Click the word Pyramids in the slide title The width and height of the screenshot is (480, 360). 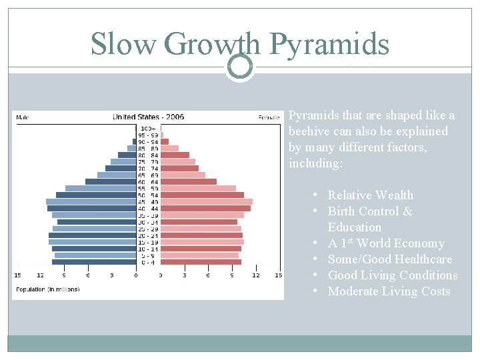pos(329,45)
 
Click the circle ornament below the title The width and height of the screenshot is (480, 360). pos(240,67)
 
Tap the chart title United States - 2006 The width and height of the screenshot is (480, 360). pos(148,117)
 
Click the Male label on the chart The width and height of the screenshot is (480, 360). pos(22,118)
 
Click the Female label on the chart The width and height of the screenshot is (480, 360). pos(269,118)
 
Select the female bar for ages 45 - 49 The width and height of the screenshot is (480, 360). pos(207,201)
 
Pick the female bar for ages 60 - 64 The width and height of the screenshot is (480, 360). pos(189,181)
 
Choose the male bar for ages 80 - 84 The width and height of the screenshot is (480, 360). pos(127,155)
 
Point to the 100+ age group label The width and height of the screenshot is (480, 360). pos(148,128)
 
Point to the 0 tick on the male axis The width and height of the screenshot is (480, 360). pos(136,275)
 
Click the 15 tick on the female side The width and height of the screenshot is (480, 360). pos(279,275)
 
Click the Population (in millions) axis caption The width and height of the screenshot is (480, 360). pos(47,289)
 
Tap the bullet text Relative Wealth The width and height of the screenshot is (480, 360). pos(370,195)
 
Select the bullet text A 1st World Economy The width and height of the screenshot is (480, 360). pos(385,243)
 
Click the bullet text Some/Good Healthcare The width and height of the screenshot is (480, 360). pos(389,259)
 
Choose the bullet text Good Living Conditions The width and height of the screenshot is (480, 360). pos(392,275)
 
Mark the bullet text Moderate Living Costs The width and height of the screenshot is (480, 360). pos(389,291)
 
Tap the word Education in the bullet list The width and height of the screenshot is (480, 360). pos(355,227)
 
